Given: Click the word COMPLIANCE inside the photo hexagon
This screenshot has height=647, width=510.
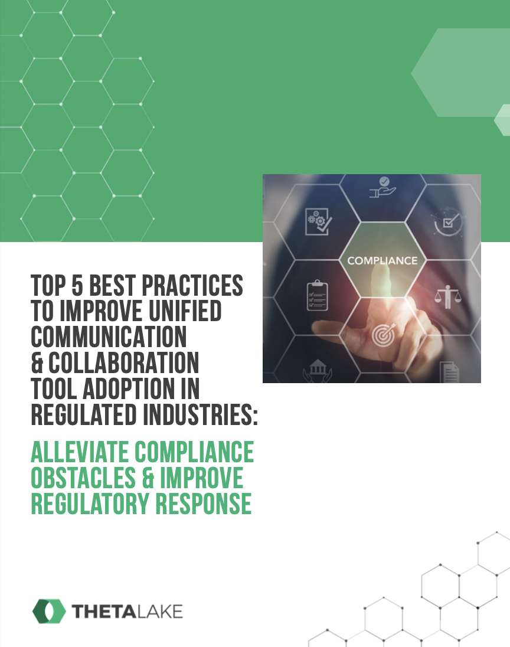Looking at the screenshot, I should tap(382, 260).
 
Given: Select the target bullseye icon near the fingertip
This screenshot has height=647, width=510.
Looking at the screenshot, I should tap(382, 335).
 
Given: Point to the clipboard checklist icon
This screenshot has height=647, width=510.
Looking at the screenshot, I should tap(317, 296).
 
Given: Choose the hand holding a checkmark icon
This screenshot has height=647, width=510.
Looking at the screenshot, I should tap(381, 188).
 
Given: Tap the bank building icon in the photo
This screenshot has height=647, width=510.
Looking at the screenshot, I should tap(317, 371).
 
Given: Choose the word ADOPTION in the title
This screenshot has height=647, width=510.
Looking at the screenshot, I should tap(127, 388).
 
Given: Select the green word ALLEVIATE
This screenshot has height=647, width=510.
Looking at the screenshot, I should tap(80, 452).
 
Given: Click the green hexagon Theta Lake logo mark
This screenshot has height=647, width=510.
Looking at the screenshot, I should tap(49, 612).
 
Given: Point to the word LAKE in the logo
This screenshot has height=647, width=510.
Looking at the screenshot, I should tap(159, 612).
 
